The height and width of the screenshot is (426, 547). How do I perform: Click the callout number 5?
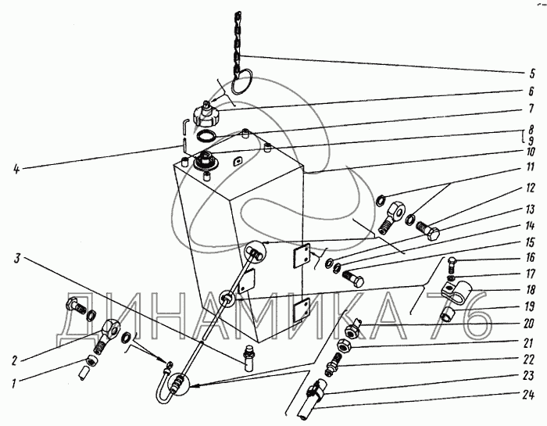click(531, 74)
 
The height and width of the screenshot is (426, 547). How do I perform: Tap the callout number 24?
click(528, 395)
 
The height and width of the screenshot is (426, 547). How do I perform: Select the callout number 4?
click(16, 170)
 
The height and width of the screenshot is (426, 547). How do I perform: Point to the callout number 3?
click(17, 260)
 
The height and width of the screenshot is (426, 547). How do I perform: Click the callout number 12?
click(530, 188)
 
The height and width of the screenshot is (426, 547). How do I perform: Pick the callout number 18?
click(530, 290)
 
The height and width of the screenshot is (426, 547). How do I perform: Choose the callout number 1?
click(13, 384)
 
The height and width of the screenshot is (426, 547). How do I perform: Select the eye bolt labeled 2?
click(108, 336)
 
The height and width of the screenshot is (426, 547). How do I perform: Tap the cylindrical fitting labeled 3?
click(249, 358)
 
